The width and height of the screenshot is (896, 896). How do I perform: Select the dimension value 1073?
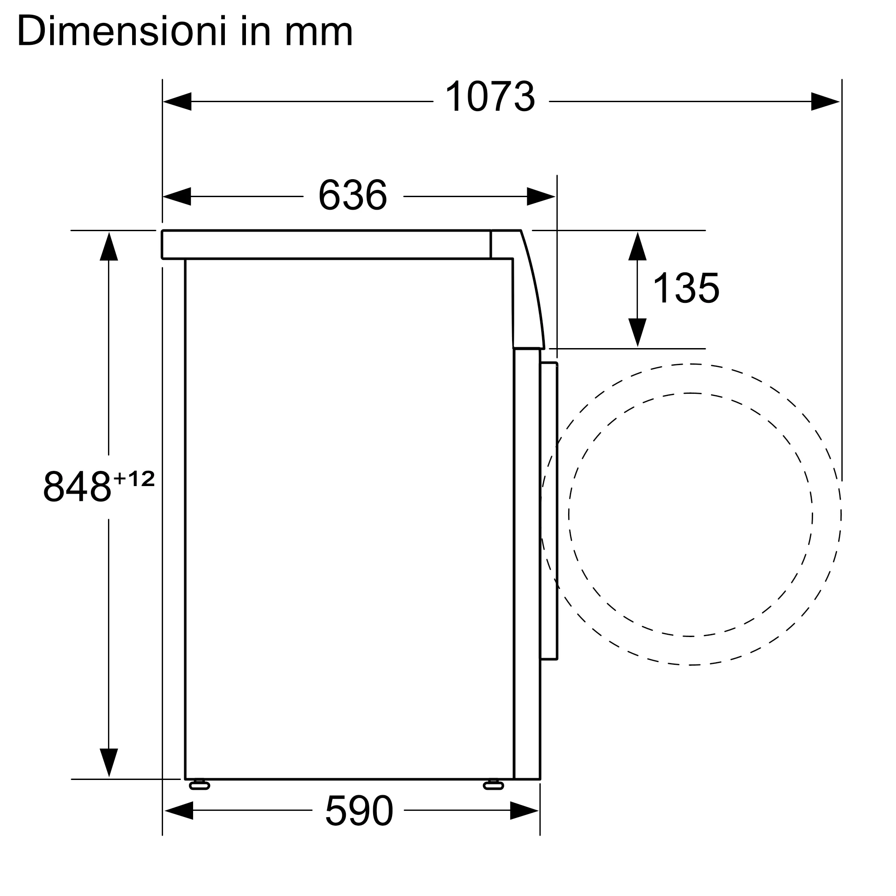490,96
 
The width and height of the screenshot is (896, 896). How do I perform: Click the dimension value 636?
353,195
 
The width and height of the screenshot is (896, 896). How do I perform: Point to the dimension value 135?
686,288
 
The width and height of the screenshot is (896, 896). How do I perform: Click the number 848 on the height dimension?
78,486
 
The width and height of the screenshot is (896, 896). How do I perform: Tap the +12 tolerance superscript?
134,478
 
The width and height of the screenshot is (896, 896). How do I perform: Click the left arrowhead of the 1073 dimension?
177,102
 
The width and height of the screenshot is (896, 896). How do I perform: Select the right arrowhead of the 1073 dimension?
825,102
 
